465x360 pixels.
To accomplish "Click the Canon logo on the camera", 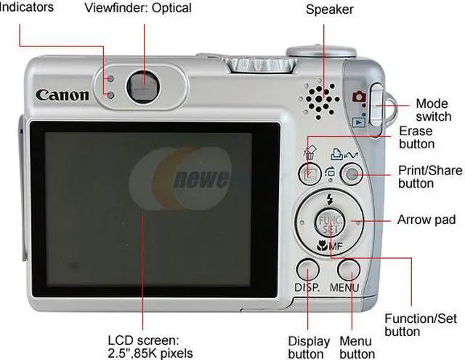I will pos(62,95).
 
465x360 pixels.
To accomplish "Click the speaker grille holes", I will pos(320,98).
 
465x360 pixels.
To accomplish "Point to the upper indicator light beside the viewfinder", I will pos(110,79).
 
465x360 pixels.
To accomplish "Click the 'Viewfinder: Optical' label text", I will pos(138,8).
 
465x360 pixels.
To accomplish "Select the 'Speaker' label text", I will pos(329,9).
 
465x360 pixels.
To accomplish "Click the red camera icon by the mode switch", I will pos(357,97).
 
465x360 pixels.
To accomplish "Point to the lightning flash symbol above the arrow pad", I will pos(329,199).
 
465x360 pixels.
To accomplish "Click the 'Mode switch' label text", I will pos(433,110).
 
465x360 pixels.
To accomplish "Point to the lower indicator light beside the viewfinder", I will pos(110,95).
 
